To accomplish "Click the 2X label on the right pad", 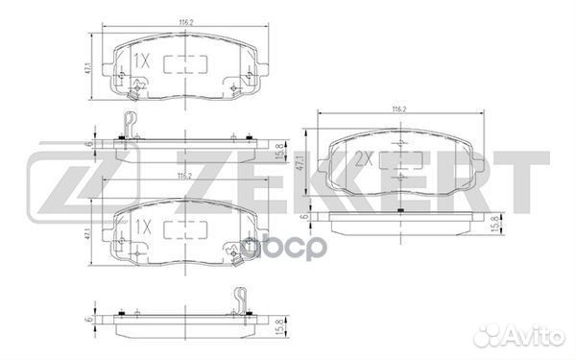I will [x=363, y=158].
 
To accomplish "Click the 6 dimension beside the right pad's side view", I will [x=304, y=217].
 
